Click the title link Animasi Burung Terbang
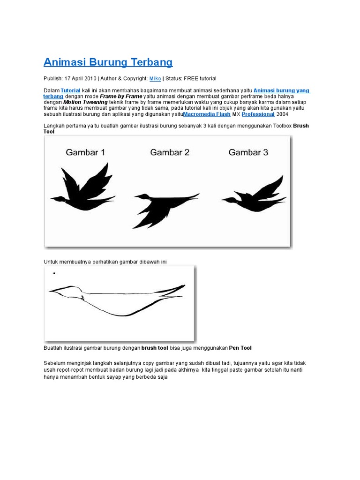108,62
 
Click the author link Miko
155,78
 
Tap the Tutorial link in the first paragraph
71,90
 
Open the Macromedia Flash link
207,114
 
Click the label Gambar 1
85,152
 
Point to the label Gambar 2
170,152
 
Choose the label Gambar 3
248,152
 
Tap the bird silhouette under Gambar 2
162,206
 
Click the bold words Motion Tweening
85,102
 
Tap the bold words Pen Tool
240,348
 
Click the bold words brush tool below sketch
155,348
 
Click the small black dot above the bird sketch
54,273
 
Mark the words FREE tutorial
200,78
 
